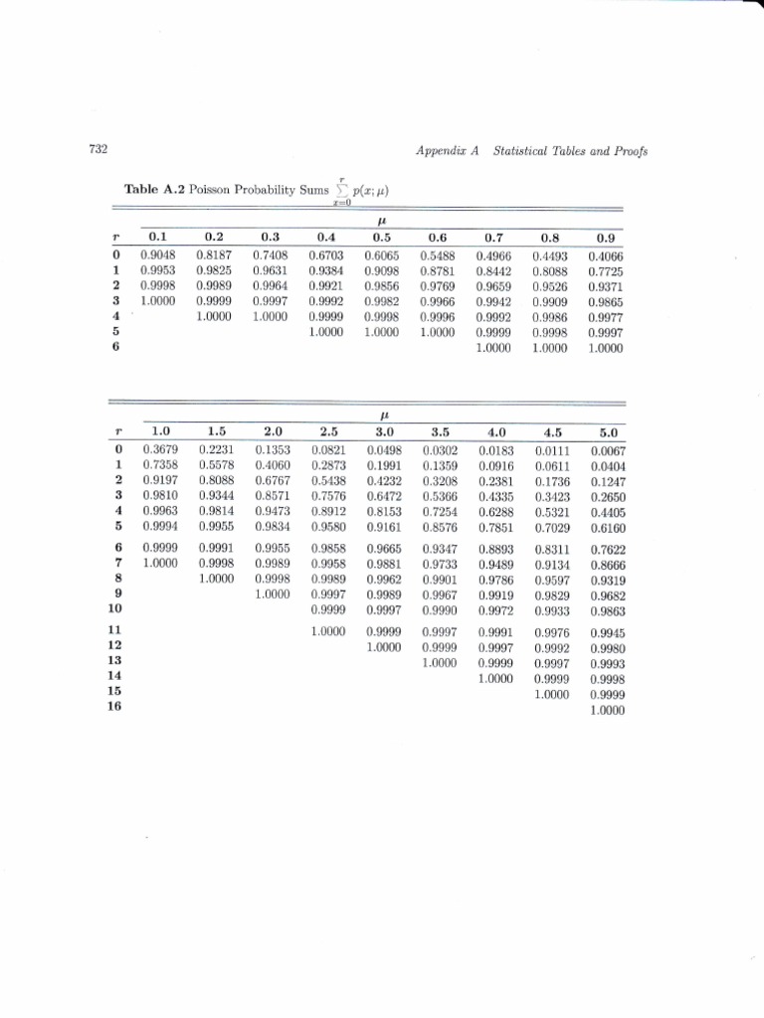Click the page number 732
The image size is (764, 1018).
(97, 150)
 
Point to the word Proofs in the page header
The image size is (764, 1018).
(626, 151)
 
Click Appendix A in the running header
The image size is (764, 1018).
(447, 151)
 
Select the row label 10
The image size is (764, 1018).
(113, 607)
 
